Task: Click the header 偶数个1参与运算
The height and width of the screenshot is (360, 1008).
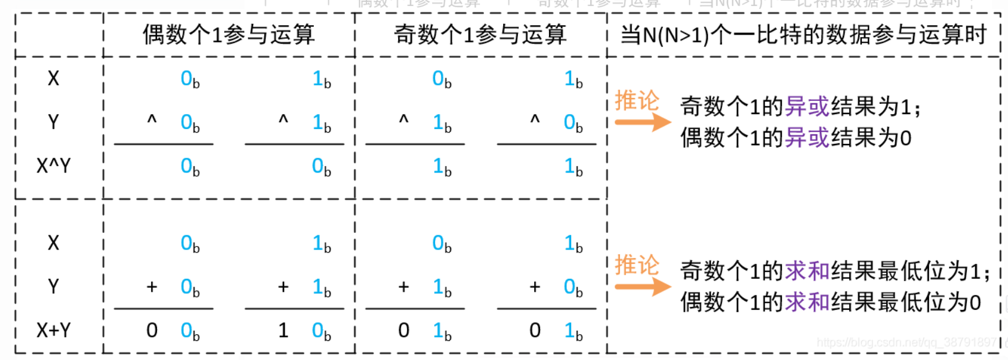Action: [x=229, y=35]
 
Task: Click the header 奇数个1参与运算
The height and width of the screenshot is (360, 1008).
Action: [x=480, y=35]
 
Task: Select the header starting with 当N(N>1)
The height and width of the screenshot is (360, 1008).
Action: [x=803, y=35]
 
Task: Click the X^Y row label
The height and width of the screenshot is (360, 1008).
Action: [x=54, y=165]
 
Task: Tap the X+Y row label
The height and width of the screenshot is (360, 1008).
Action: [x=54, y=330]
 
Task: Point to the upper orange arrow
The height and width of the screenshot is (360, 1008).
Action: [x=643, y=122]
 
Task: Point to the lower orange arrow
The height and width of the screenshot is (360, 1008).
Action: [x=643, y=287]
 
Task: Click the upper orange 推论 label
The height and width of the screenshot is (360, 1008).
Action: [x=637, y=101]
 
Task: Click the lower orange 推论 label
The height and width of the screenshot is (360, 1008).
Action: [x=637, y=265]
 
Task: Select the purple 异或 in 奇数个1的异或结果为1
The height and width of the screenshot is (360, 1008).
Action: [x=807, y=107]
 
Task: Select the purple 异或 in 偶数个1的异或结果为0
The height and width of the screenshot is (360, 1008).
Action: [x=807, y=138]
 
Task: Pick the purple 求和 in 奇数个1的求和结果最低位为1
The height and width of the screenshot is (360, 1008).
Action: [x=807, y=272]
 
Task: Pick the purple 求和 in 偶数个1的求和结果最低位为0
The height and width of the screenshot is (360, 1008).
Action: [x=807, y=303]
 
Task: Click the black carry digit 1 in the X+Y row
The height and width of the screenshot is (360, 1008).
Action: [x=283, y=330]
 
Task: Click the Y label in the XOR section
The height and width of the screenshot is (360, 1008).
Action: [x=54, y=122]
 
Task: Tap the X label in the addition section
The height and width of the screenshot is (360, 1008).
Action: [x=54, y=243]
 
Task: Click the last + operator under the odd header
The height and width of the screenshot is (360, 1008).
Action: [x=535, y=287]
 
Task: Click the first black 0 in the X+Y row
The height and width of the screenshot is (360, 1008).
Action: [x=152, y=330]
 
